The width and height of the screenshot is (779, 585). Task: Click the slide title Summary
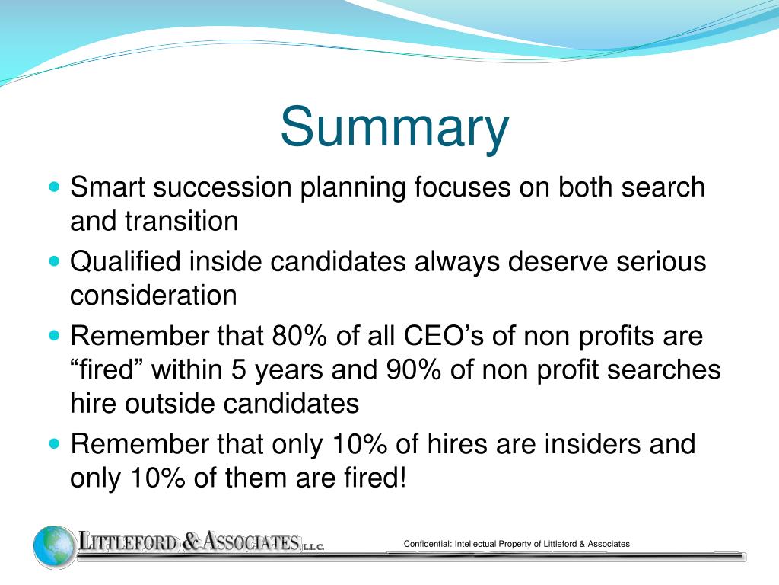[x=394, y=128]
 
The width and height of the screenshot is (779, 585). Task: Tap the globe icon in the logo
[x=54, y=546]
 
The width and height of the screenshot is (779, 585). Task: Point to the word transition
[x=181, y=222]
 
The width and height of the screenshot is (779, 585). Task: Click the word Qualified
[x=126, y=262]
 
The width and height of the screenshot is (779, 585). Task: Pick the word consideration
[x=154, y=296]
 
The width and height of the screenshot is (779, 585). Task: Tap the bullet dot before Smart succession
[x=53, y=187]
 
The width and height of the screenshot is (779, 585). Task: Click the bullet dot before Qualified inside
[x=53, y=261]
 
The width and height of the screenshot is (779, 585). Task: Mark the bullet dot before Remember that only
[x=53, y=443]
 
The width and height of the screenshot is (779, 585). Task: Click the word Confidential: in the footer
[x=428, y=544]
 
